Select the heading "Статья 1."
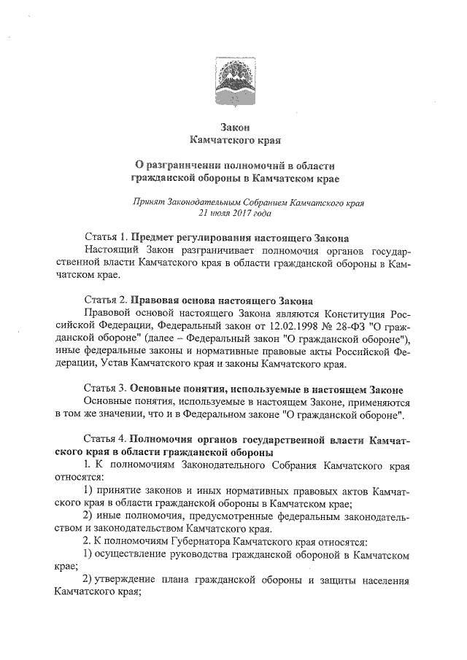click(x=107, y=238)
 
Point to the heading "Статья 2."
click(x=107, y=300)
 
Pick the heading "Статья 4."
click(x=107, y=440)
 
